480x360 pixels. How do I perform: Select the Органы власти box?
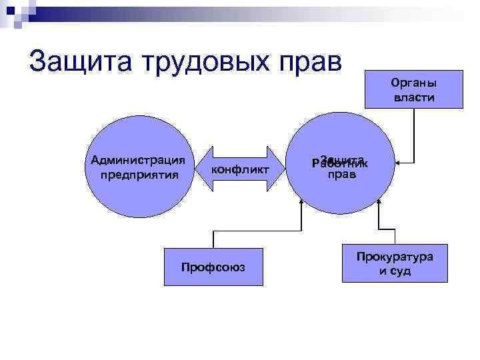coord(413,89)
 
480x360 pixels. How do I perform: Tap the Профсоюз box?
coord(213,267)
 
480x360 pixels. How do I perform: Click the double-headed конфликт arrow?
coord(240,169)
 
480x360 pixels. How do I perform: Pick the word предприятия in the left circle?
coord(139,175)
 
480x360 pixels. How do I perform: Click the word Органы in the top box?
coord(413,83)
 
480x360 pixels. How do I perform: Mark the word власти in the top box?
coord(413,97)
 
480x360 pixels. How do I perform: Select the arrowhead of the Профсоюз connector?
coord(301,203)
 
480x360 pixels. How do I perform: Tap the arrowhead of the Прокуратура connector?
coord(378,203)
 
